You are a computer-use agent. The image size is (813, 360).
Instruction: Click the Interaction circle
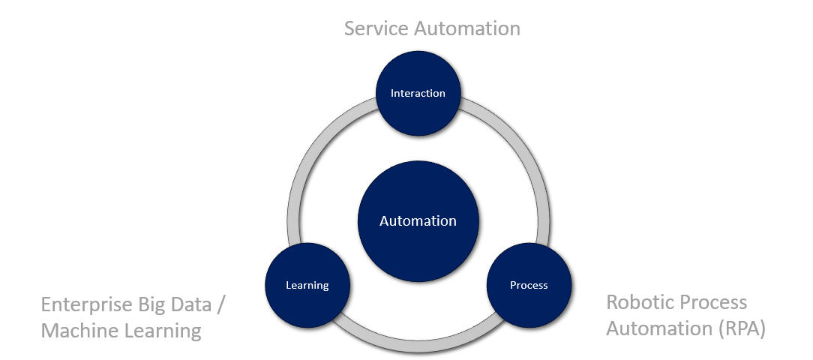418,93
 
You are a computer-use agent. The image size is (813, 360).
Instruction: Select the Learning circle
307,285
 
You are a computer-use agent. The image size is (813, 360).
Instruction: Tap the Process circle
529,285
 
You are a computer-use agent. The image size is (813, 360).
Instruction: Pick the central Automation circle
418,221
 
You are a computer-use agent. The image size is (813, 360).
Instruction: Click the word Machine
76,330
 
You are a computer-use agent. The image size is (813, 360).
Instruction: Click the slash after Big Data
220,305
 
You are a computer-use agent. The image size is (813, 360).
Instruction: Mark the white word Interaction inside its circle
418,93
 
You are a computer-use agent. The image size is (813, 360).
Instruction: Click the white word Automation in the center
418,221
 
